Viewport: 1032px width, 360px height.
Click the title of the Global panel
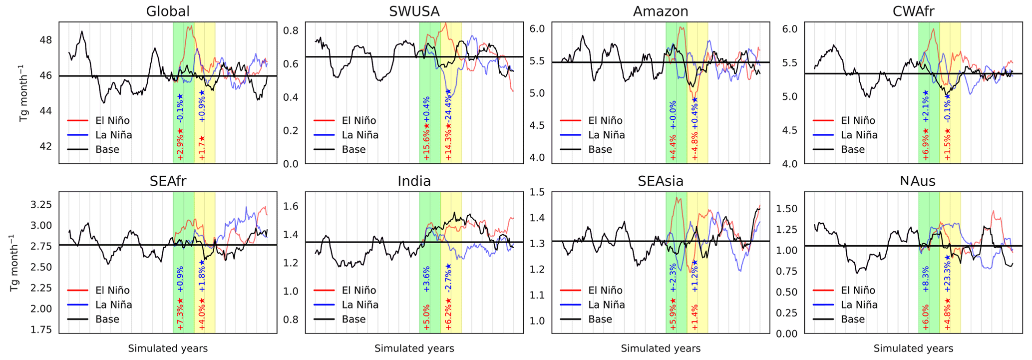coord(168,11)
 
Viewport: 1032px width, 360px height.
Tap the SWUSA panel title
coord(414,11)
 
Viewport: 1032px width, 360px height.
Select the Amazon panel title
coord(661,11)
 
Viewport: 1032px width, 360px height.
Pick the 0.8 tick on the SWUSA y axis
coord(292,31)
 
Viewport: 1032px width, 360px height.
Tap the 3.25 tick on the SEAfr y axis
coord(41,205)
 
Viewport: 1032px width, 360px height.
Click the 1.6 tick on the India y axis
coord(292,206)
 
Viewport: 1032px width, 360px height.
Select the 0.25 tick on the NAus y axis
coord(787,313)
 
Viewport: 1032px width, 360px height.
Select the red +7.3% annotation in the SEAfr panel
coord(180,313)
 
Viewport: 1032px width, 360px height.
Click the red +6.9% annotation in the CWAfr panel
coord(925,144)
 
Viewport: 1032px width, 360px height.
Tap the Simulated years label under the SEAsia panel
coord(661,349)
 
